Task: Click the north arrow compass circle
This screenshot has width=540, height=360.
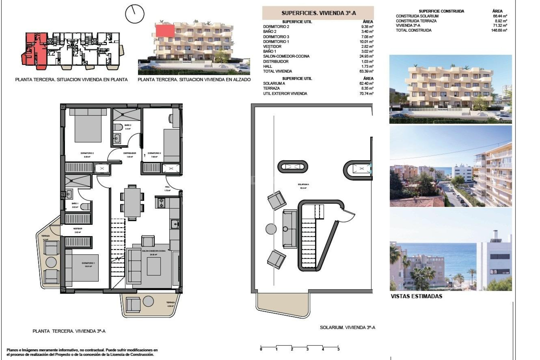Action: (x=135, y=14)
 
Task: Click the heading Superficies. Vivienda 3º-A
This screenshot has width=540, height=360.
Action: (x=318, y=13)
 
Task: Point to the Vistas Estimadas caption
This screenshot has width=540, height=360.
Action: (x=416, y=296)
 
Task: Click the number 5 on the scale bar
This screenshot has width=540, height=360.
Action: (x=338, y=349)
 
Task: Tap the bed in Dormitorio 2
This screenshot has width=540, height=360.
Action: (x=88, y=126)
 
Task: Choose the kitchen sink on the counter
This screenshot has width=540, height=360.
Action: (x=175, y=224)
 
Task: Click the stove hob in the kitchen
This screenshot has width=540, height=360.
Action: (x=162, y=203)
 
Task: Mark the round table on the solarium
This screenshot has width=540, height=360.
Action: (x=271, y=229)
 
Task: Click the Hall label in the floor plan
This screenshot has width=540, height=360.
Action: (x=167, y=187)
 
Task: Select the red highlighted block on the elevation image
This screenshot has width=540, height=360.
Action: (x=165, y=31)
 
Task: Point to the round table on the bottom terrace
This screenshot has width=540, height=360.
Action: (x=148, y=301)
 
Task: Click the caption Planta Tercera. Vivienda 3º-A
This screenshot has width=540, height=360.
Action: (x=69, y=331)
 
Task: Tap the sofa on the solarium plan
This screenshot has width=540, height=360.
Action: (x=290, y=229)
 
